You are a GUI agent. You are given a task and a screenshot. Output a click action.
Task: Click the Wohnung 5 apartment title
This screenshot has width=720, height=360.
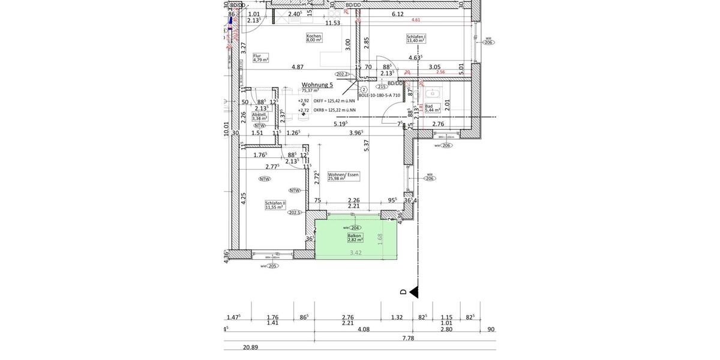[317, 85]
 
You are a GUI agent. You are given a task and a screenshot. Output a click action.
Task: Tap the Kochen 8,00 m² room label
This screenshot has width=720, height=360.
[314, 38]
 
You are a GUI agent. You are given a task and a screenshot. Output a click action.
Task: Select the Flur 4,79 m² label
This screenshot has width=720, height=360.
[260, 58]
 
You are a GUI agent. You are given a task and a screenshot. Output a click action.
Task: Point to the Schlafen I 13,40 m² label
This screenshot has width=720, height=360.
[416, 38]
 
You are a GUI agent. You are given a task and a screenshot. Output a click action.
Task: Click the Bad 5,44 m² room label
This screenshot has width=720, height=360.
[432, 108]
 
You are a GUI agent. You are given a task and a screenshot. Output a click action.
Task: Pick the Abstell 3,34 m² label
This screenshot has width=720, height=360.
[259, 116]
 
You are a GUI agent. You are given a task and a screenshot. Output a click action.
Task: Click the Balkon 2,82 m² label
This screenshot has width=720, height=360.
[355, 238]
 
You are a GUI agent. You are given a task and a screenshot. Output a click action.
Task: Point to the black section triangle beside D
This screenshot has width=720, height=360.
[413, 292]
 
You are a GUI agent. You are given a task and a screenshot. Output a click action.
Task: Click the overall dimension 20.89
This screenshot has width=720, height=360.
[250, 347]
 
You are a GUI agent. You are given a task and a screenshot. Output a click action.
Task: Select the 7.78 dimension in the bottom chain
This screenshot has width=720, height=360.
[408, 338]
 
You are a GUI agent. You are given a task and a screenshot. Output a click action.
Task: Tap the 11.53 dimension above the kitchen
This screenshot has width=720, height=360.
[333, 23]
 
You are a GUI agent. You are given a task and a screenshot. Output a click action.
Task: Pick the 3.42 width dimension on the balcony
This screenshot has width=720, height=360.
[356, 253]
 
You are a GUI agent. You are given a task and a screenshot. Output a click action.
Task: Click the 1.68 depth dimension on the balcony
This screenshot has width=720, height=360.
[379, 239]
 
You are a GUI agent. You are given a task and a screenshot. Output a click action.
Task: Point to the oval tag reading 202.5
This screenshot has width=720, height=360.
[294, 212]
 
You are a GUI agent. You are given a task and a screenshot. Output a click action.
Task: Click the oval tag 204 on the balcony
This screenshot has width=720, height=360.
[355, 228]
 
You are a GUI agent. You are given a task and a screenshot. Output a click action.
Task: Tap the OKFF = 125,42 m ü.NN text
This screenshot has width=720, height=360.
[334, 101]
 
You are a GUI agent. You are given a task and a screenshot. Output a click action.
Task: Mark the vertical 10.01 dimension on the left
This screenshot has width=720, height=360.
[226, 129]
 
